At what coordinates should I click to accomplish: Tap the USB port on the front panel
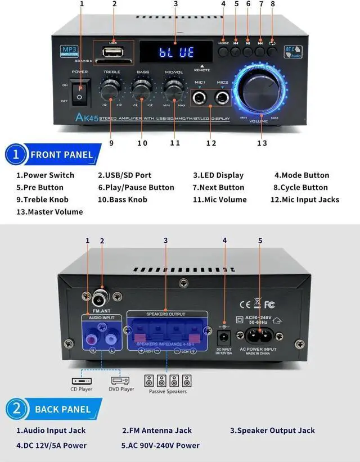113,53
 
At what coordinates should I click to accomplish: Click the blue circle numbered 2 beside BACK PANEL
17,409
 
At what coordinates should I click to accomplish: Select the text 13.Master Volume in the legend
49,212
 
